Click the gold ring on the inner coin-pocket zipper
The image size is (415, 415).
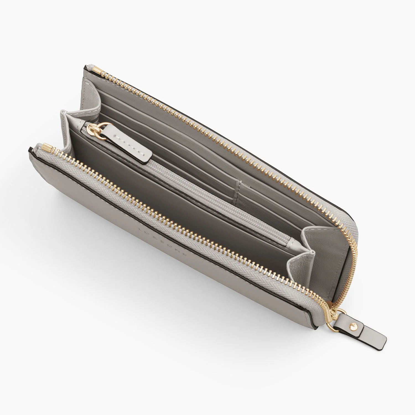click(x=93, y=130)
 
